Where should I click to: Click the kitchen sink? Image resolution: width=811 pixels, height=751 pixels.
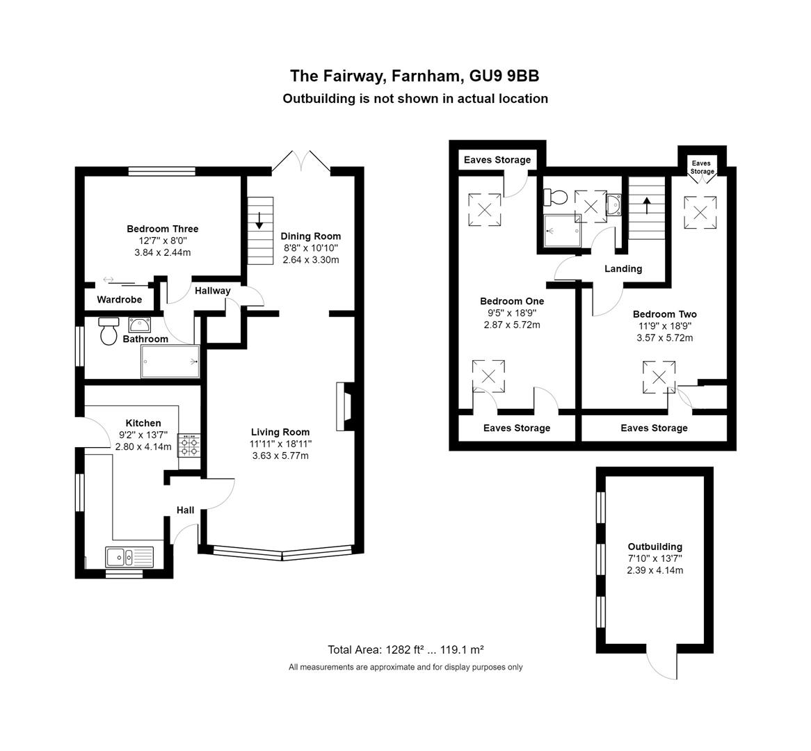130,557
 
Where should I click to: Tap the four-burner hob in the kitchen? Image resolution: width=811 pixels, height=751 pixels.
188,446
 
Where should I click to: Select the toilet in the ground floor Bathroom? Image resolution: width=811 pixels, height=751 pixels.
109,331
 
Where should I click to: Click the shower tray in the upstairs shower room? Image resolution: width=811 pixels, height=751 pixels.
562,231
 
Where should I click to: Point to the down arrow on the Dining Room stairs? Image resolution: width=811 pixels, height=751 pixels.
259,221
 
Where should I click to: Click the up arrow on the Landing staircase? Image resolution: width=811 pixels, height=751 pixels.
647,205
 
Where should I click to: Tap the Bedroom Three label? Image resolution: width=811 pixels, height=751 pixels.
162,229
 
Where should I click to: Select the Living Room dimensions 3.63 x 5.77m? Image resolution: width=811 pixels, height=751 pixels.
280,455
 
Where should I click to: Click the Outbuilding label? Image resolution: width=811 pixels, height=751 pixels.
655,546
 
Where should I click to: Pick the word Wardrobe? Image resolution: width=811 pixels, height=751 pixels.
120,300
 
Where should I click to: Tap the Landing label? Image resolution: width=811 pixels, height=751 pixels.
623,268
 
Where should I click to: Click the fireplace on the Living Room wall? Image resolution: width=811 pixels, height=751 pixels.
345,407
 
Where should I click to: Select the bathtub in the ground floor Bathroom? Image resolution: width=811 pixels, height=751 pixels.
170,361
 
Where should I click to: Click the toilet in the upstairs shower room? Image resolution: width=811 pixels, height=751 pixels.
556,197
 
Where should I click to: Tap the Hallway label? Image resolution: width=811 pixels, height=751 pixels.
213,291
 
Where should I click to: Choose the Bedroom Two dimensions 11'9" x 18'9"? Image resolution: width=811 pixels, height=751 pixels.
665,326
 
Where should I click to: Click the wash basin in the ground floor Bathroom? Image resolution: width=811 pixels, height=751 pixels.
140,325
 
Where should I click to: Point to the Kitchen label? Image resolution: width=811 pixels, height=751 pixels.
143,423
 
